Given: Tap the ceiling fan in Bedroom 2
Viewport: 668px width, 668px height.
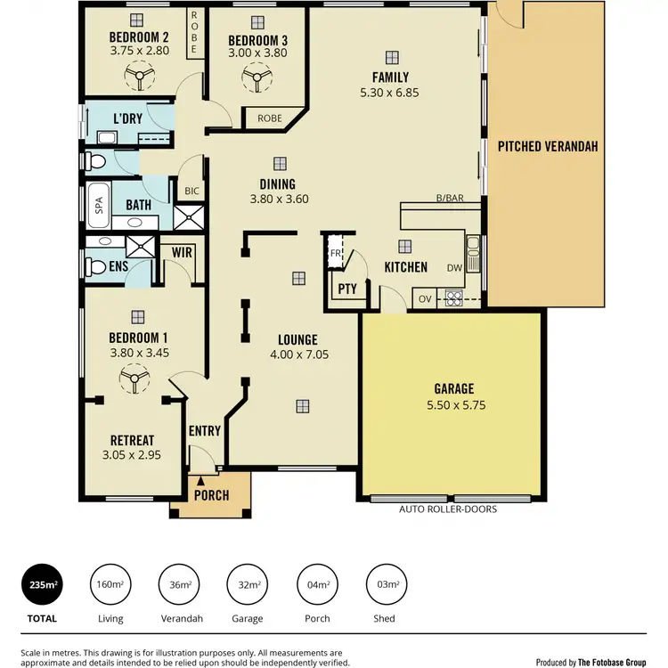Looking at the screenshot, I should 139,79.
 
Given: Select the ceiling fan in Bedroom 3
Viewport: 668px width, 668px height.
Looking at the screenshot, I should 257,81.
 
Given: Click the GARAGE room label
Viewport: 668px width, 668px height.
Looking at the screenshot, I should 453,388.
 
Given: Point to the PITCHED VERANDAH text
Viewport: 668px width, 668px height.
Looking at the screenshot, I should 547,146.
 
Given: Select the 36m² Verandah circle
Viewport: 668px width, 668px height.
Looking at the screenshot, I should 179,585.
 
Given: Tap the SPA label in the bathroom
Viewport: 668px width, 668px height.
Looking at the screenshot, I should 99,205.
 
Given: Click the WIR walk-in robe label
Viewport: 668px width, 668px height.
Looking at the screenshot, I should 183,252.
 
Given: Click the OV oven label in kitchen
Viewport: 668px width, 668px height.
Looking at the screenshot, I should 425,298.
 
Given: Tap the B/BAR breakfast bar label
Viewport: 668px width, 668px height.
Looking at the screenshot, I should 449,198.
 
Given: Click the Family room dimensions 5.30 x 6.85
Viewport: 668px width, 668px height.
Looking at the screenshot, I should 388,91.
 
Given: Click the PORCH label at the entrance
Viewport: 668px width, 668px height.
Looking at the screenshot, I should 211,495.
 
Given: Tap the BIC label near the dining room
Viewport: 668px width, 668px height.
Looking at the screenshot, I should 191,191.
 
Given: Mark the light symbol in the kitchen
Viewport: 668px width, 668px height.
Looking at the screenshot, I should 404,245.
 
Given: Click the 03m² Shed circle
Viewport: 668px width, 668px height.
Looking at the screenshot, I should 387,585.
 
